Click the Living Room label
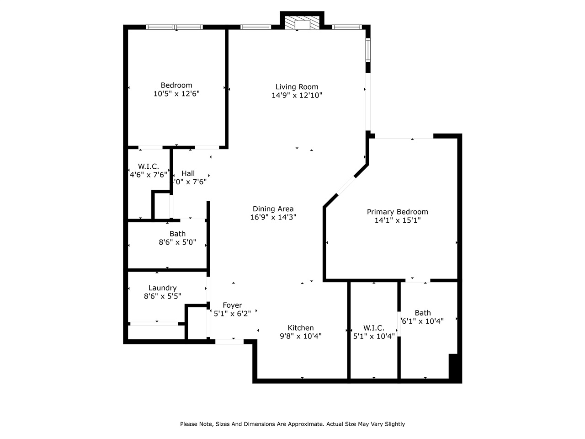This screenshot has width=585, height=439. click(x=297, y=87)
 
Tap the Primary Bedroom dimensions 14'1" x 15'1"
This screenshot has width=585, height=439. click(x=397, y=220)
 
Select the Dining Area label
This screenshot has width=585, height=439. click(x=273, y=209)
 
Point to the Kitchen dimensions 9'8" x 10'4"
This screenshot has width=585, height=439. click(x=300, y=336)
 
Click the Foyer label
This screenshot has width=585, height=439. click(x=232, y=305)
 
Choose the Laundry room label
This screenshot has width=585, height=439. click(x=162, y=288)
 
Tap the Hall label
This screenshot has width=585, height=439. click(x=188, y=173)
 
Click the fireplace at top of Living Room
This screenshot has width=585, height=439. click(x=302, y=24)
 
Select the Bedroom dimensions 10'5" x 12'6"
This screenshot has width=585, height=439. click(x=176, y=94)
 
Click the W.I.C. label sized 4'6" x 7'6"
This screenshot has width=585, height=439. click(x=149, y=166)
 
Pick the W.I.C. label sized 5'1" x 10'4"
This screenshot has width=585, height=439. click(x=374, y=328)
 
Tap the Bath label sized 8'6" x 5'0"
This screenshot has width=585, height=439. click(x=177, y=234)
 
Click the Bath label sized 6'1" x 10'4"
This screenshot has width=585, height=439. click(x=423, y=313)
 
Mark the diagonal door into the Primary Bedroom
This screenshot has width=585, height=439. click(x=346, y=186)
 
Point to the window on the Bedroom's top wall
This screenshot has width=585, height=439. click(x=174, y=27)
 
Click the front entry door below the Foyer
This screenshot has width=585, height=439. click(x=229, y=341)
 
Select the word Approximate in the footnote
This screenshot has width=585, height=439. click(x=304, y=424)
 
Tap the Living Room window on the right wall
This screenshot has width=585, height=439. click(x=367, y=50)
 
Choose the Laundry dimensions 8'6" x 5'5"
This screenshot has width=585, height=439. click(x=162, y=296)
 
